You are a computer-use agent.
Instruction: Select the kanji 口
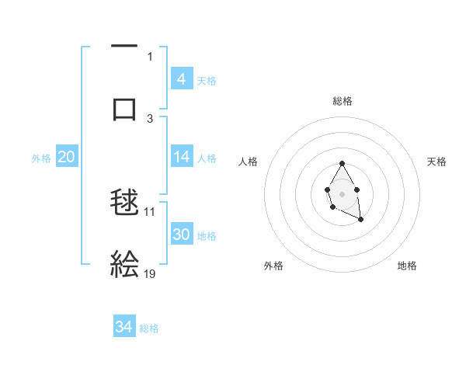[x=124, y=108]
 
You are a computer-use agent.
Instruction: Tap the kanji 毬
[x=124, y=205]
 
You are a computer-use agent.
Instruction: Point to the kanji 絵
[x=124, y=264]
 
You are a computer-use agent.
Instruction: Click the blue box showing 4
[x=182, y=79]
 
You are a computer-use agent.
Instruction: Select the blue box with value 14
[x=182, y=158]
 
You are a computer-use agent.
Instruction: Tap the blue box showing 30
[x=182, y=235]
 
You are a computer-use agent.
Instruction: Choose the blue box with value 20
[x=66, y=158]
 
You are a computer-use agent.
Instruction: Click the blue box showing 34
[x=124, y=328]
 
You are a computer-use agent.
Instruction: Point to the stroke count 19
[x=150, y=273]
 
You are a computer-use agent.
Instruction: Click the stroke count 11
[x=150, y=211]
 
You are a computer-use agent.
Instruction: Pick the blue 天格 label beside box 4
[x=207, y=80]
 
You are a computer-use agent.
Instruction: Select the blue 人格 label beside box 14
[x=207, y=158]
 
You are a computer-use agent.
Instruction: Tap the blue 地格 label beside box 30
[x=207, y=235]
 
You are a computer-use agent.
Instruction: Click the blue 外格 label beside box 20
[x=41, y=158]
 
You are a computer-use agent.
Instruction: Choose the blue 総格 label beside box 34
[x=149, y=328]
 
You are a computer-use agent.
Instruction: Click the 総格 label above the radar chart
[x=343, y=101]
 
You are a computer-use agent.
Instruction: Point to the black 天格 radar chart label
[x=436, y=162]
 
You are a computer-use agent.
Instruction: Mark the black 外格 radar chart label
[x=273, y=266]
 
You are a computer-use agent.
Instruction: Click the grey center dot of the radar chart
[x=342, y=193]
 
